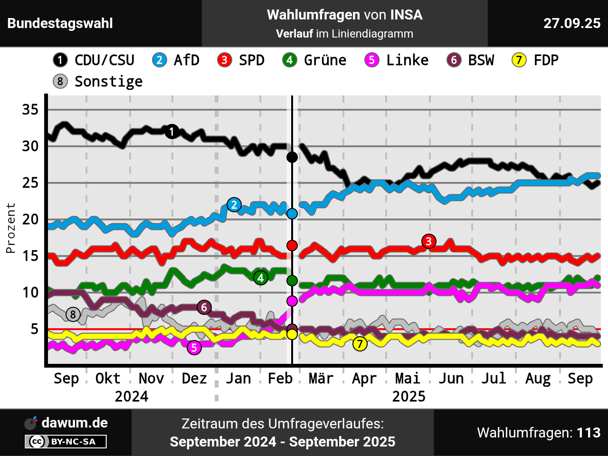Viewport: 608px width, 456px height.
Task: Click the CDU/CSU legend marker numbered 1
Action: (60, 60)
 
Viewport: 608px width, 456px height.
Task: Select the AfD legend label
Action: (186, 60)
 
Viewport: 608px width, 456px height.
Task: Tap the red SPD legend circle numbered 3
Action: (224, 60)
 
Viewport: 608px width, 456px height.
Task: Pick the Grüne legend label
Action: (325, 60)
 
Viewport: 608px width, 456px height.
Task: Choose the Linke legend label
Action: (407, 60)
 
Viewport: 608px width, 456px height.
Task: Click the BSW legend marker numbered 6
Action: (454, 60)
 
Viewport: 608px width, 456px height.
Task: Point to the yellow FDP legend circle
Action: (519, 60)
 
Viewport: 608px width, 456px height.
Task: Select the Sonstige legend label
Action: (108, 82)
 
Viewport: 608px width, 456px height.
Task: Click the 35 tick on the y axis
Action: (30, 110)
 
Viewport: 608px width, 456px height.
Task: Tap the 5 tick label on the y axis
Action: (34, 329)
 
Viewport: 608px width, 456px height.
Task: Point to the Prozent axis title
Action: (10, 228)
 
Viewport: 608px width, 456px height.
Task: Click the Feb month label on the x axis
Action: (280, 379)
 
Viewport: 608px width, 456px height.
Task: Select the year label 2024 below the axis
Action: (132, 397)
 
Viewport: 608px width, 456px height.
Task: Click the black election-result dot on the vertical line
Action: (292, 157)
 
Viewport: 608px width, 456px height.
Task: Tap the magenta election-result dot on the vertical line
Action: (292, 301)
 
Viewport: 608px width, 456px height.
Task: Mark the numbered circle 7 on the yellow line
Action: (360, 344)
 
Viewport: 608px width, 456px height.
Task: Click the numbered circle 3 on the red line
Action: (428, 241)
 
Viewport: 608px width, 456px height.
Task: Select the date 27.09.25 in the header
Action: (572, 23)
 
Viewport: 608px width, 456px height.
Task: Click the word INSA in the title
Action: (406, 15)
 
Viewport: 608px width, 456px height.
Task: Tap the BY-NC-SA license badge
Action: (66, 441)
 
